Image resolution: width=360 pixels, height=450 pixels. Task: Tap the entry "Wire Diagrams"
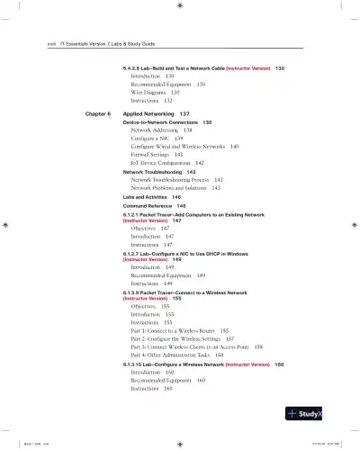[150, 92]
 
